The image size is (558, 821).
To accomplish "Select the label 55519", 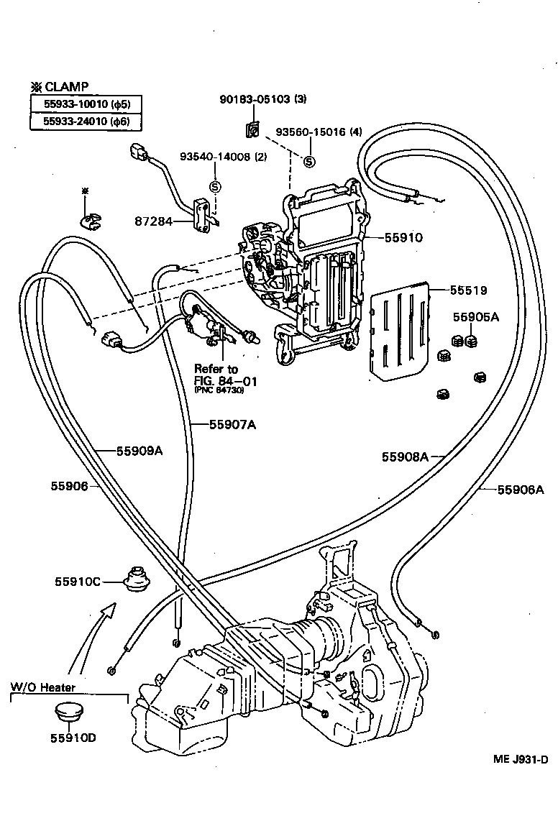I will point(468,290).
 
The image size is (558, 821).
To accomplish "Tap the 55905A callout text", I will point(475,316).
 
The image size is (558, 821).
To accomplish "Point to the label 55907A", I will point(232,424).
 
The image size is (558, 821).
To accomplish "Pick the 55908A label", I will point(405,456).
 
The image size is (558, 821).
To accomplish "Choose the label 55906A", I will point(521,490).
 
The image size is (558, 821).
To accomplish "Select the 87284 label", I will point(152,221).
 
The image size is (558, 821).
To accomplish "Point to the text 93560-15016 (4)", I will point(319,132).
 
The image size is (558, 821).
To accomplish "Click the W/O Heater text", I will point(42,687).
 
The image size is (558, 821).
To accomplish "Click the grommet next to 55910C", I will point(135,577).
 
